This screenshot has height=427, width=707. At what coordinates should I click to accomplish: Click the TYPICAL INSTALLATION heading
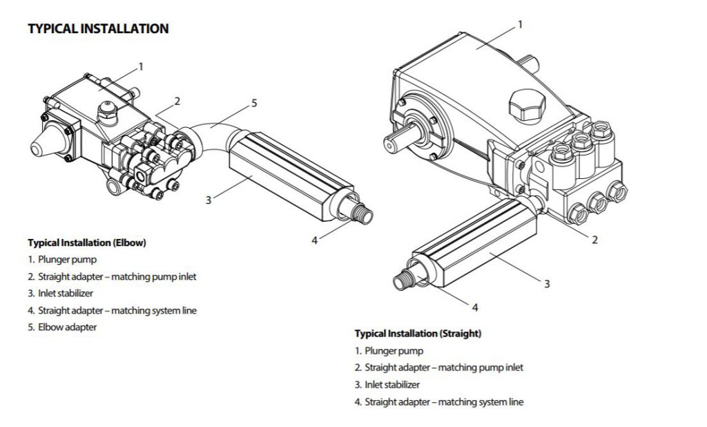coord(98,29)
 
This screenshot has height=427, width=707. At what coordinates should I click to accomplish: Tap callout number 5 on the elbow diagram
coord(254,103)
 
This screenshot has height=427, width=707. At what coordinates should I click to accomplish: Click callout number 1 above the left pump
coord(141,66)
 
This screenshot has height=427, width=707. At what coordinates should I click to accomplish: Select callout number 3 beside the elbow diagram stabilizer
coord(208,200)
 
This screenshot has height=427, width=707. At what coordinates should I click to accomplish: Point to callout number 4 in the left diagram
coord(314,240)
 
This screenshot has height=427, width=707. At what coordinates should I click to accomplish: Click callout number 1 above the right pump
coord(520,24)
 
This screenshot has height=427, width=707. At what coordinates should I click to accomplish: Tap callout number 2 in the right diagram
coord(594,240)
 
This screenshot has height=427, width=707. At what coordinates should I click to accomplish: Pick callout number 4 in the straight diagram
coord(475,307)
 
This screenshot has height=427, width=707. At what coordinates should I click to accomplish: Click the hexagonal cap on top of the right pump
coord(523,104)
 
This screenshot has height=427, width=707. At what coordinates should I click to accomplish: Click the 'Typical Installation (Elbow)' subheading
coord(87,243)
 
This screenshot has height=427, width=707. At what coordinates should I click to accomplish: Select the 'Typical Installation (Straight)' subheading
coord(418,333)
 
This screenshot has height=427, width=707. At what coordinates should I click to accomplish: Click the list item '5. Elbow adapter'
coord(62,327)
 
